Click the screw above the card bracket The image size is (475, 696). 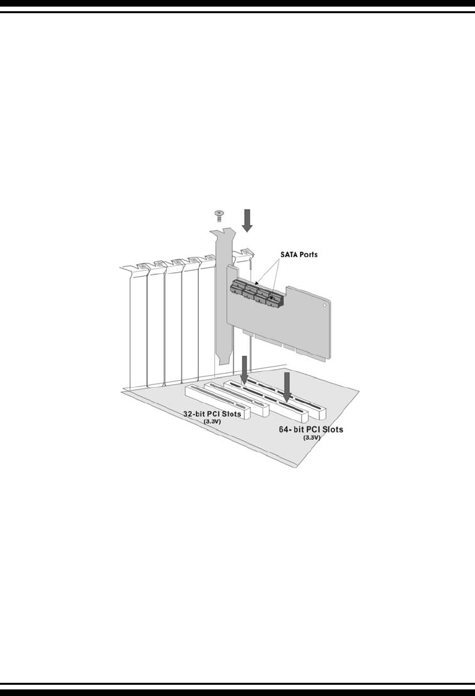[219, 214]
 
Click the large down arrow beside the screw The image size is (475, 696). [247, 220]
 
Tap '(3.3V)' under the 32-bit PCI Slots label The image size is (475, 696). [212, 421]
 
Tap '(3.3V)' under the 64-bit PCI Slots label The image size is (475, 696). [311, 438]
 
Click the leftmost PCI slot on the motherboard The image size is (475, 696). [217, 400]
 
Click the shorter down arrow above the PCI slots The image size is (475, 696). [244, 370]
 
